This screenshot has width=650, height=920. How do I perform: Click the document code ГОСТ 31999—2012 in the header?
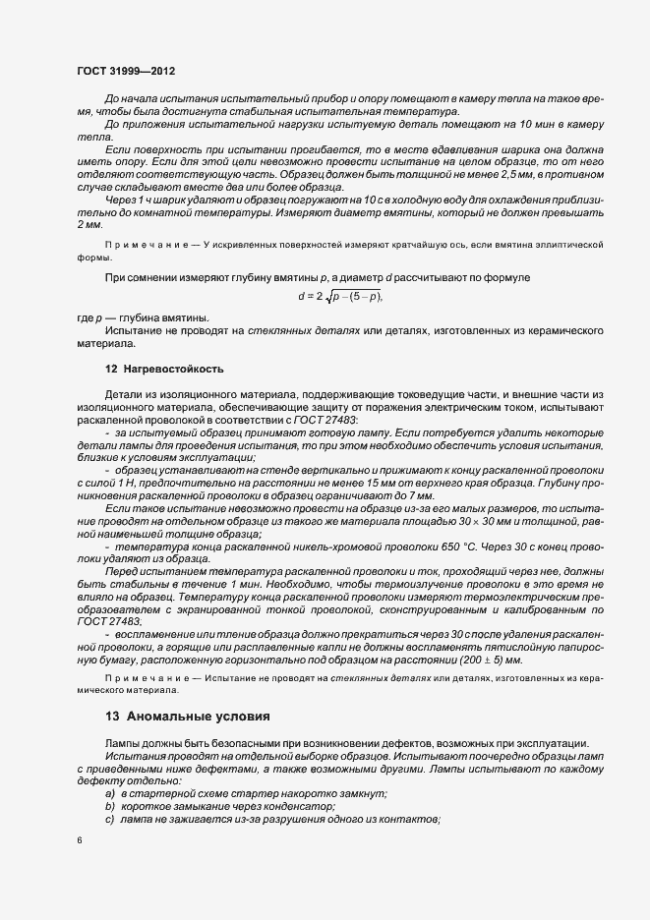pos(126,71)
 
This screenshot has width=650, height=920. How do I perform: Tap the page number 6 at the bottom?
pos(79,840)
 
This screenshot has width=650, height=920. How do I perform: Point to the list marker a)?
pos(110,793)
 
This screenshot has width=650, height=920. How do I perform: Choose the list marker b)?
pos(110,806)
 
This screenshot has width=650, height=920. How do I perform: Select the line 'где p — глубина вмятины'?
pos(144,318)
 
